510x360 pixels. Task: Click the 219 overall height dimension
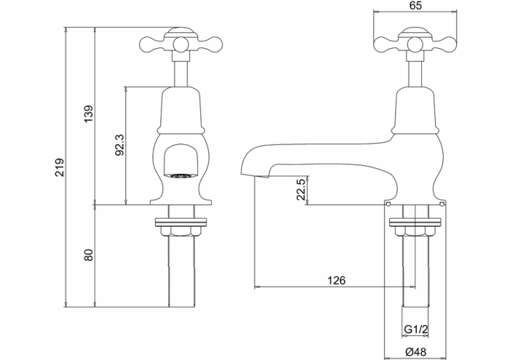pyautogui.click(x=60, y=168)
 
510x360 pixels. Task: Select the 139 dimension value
pyautogui.click(x=89, y=114)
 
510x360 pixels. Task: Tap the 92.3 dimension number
pyautogui.click(x=120, y=145)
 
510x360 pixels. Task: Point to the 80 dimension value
pyautogui.click(x=89, y=254)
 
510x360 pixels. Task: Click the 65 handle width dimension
pyautogui.click(x=415, y=6)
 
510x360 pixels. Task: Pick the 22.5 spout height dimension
pyautogui.click(x=302, y=189)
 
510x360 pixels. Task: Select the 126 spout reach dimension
pyautogui.click(x=337, y=281)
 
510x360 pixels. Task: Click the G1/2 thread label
pyautogui.click(x=415, y=329)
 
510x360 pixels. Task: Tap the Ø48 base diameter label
pyautogui.click(x=416, y=352)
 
